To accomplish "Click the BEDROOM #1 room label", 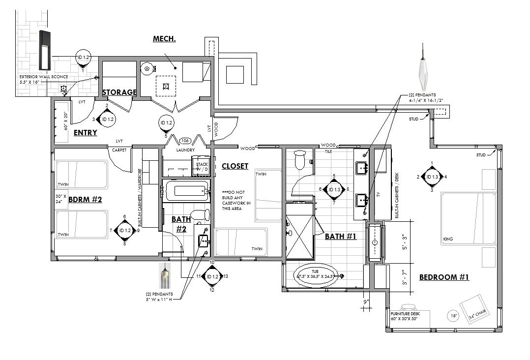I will coord(444,277).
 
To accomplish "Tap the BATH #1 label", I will coord(341,237).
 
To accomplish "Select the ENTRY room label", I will coord(85,133).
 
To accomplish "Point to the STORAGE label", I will coord(119,92).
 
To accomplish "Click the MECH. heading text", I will coord(164,39).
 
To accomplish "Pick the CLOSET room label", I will coord(235,166).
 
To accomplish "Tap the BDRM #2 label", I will coord(85,200).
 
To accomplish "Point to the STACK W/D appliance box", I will coord(202,167).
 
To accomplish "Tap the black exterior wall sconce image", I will coord(45,50).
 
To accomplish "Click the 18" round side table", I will coord(453,316).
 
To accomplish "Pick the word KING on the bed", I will coord(447,240).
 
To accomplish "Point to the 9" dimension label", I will coord(365,301).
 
